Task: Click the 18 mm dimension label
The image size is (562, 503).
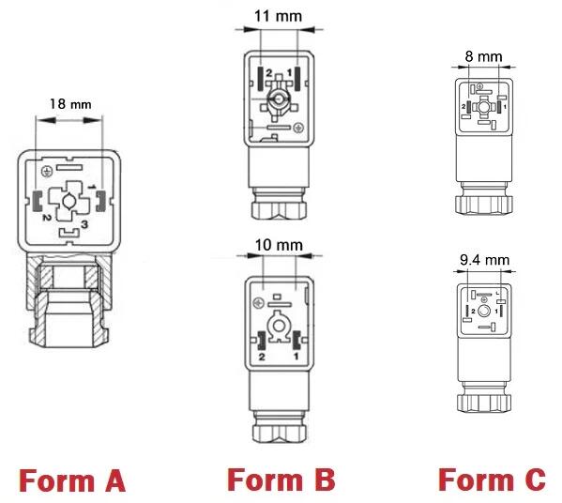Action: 70,104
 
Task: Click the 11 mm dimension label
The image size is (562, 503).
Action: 278,16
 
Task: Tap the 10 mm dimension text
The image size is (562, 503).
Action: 279,245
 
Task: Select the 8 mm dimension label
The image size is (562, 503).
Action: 483,56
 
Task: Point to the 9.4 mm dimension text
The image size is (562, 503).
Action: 484,260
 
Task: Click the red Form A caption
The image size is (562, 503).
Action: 72,480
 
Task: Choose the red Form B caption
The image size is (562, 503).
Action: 281,480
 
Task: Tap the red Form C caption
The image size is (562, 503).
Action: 492,480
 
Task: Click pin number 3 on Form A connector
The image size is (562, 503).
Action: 84,224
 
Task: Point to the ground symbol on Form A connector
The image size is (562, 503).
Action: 46,172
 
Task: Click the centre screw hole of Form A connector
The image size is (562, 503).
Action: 68,201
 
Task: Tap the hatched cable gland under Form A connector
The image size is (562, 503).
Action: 68,299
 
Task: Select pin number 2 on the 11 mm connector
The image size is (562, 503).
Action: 269,73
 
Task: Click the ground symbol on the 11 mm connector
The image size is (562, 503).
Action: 298,128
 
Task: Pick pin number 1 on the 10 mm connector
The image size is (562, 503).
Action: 296,357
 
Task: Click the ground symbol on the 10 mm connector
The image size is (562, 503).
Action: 258,303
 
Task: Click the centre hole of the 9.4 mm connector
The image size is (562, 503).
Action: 484,311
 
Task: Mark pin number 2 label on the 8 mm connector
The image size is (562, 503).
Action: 463,106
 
